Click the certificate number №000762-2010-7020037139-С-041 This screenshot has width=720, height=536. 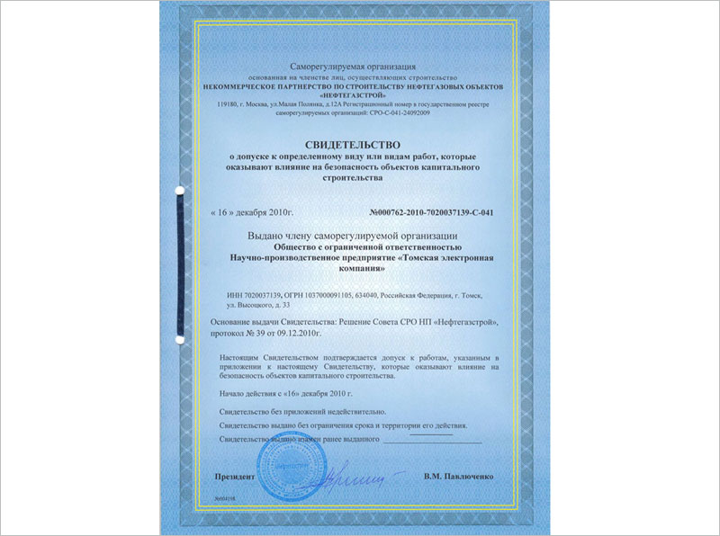tap(432, 213)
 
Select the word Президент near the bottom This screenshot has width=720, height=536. tap(235, 473)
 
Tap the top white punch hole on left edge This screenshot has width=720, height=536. tap(178, 191)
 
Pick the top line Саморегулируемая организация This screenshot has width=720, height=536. tap(354, 67)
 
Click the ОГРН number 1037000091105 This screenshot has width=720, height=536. tap(337, 294)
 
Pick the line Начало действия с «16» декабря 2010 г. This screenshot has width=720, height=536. tap(286, 394)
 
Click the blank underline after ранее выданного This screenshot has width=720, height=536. tap(432, 439)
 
